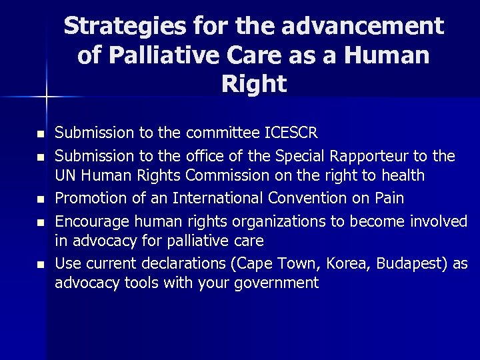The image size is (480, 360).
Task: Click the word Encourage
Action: (89, 221)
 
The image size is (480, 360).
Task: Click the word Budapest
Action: (409, 263)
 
